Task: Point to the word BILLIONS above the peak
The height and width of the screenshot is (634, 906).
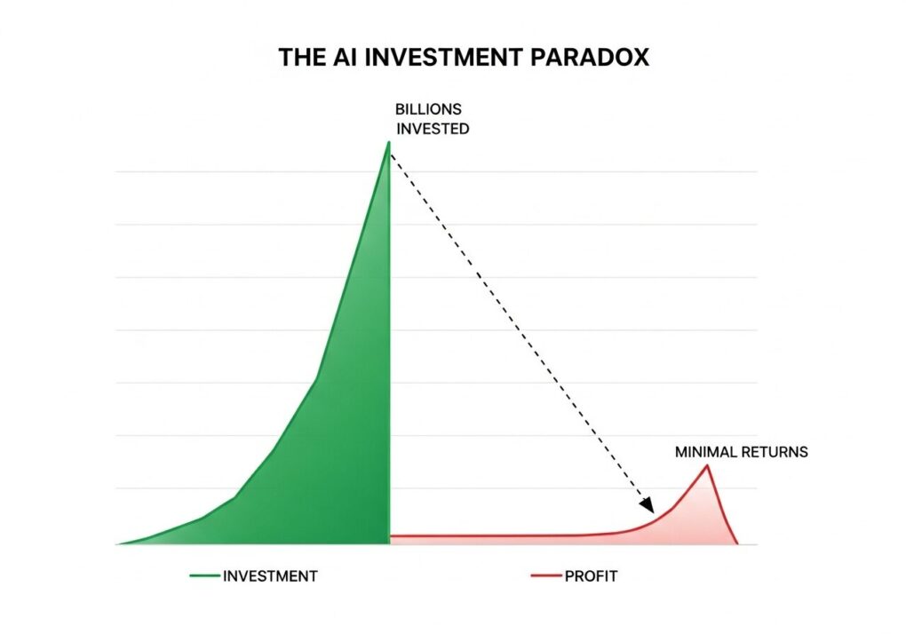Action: pyautogui.click(x=428, y=109)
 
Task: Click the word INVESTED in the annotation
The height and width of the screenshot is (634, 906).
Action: pyautogui.click(x=433, y=129)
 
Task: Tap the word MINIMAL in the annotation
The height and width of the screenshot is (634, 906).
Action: pyautogui.click(x=705, y=452)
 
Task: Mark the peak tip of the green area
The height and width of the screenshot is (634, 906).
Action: pyautogui.click(x=389, y=141)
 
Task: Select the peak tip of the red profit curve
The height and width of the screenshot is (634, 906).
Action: pyautogui.click(x=707, y=465)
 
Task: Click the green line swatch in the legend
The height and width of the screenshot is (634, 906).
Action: pyautogui.click(x=204, y=575)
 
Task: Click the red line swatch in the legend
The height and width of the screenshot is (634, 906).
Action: pyautogui.click(x=546, y=575)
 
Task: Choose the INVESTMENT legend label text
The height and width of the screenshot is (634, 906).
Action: pyautogui.click(x=270, y=575)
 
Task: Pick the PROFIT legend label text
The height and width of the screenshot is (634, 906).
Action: pyautogui.click(x=591, y=575)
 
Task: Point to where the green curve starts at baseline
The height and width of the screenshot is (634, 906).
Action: pyautogui.click(x=117, y=544)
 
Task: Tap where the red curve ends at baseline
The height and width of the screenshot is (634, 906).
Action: pyautogui.click(x=736, y=543)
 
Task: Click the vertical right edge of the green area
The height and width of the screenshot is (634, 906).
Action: pyautogui.click(x=389, y=343)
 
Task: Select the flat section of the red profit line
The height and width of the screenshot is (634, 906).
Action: pyautogui.click(x=491, y=536)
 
